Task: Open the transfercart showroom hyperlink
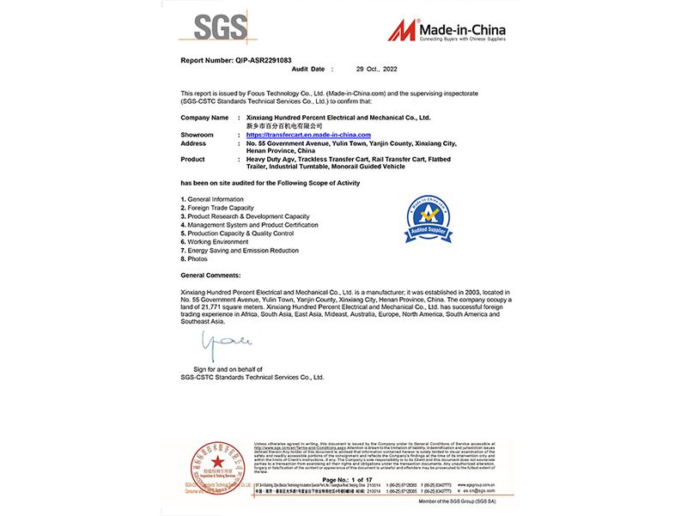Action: pos(307,135)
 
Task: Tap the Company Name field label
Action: pos(204,117)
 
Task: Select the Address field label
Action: pos(194,143)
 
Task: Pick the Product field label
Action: pos(194,159)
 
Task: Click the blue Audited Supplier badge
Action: pos(426,220)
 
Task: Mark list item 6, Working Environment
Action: pos(215,242)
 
